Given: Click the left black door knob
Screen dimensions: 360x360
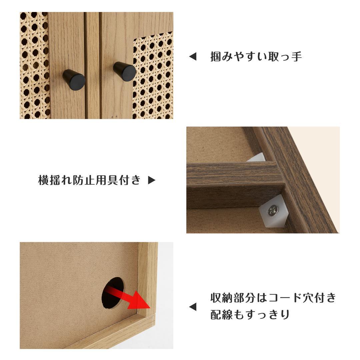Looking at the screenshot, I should click(74, 79).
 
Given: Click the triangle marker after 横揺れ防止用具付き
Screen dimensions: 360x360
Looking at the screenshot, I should click(152, 180).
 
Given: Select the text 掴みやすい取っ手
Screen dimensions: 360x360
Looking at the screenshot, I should click(256, 57).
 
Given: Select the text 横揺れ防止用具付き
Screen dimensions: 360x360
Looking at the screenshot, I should click(89, 180).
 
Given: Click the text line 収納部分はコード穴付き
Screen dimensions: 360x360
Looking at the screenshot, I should click(273, 297).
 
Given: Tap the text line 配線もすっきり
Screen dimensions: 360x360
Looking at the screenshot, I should click(250, 315).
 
